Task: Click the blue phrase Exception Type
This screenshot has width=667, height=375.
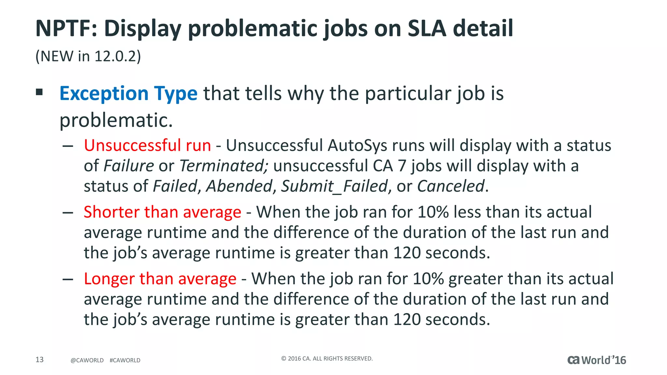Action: (128, 93)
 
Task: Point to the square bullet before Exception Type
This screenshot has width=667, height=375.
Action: (39, 92)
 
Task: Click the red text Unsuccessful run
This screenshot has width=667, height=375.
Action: (147, 145)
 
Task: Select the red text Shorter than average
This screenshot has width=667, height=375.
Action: (162, 212)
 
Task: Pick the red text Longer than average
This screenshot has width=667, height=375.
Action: (160, 279)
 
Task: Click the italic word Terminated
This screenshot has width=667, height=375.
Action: (223, 166)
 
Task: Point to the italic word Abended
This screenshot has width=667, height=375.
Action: (239, 186)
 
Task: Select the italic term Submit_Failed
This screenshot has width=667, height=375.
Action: (334, 186)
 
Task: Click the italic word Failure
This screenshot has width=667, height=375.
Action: (129, 166)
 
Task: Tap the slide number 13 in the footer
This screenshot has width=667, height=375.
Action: (39, 359)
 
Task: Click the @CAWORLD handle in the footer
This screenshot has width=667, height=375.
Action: (87, 360)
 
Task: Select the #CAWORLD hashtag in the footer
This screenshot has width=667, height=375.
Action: (125, 360)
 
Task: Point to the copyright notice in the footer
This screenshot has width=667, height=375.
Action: (327, 358)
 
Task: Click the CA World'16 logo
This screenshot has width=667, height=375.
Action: (596, 360)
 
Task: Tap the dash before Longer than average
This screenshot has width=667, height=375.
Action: (68, 279)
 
